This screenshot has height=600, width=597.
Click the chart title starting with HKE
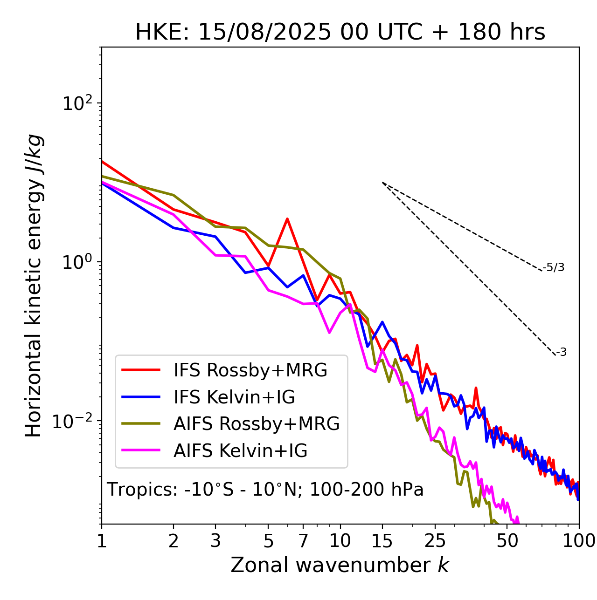coord(340,33)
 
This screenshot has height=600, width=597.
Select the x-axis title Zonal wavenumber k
coord(340,565)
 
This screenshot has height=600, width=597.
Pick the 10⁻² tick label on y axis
coord(75,421)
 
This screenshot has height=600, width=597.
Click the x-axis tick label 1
coord(102,541)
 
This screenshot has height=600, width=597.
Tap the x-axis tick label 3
coord(215,541)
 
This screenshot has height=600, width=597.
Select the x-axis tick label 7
coord(303,541)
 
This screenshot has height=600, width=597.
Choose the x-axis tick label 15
coord(382,541)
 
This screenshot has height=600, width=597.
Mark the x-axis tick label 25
coord(435,541)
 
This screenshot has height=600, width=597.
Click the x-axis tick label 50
coord(507,541)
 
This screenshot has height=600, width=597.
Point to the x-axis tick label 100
coord(579,541)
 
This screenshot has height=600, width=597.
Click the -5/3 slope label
coord(554,268)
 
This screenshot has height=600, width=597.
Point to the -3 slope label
coord(562,353)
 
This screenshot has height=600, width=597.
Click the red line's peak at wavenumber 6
coord(287,218)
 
